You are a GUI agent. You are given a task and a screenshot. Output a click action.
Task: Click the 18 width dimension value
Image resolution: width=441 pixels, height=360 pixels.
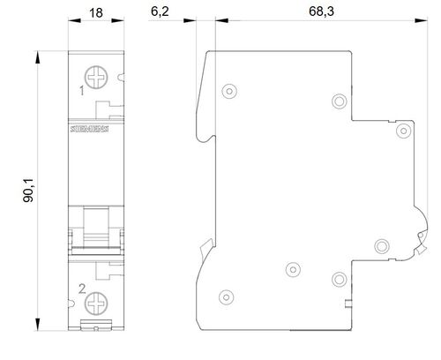96,13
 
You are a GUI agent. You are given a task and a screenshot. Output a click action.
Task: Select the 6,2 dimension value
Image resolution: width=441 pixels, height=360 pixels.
160,11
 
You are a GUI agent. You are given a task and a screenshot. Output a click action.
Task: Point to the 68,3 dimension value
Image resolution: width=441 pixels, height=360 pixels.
321,11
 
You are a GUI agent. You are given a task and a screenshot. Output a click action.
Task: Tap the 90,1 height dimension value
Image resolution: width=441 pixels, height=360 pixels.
28,191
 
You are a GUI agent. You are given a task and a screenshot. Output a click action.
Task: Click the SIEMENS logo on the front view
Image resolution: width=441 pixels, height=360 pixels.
89,129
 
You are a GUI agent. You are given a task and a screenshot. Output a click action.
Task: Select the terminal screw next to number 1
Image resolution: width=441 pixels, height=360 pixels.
96,78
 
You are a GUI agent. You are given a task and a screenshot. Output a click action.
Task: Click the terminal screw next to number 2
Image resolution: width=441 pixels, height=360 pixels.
96,304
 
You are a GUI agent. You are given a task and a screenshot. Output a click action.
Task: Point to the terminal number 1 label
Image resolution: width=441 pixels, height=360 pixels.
82,91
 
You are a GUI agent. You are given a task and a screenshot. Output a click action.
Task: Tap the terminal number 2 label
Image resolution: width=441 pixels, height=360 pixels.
82,289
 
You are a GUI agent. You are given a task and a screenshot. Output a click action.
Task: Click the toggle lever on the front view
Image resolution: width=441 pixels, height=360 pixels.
96,227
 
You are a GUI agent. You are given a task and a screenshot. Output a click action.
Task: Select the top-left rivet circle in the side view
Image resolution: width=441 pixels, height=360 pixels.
229,91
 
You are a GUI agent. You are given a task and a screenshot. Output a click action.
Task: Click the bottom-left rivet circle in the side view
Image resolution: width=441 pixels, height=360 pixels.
226,297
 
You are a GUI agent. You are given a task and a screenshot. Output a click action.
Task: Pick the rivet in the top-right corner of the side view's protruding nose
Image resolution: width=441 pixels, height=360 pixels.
403,131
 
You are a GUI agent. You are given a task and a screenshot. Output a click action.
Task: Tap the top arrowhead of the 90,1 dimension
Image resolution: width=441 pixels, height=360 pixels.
38,57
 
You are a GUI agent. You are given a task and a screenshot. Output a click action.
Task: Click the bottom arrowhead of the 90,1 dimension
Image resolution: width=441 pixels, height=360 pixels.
38,324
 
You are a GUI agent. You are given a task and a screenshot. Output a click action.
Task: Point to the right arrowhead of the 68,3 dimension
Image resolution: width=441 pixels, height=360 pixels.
422,20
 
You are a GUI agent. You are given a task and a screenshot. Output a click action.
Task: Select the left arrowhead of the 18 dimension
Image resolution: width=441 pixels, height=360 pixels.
74,20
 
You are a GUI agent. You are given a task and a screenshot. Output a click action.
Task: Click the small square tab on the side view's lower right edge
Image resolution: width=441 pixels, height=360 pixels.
348,304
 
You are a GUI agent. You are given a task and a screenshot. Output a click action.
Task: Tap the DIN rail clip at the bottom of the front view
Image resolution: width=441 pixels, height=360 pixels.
96,325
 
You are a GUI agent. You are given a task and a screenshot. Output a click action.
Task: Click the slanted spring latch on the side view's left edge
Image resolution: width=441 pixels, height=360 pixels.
206,248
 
